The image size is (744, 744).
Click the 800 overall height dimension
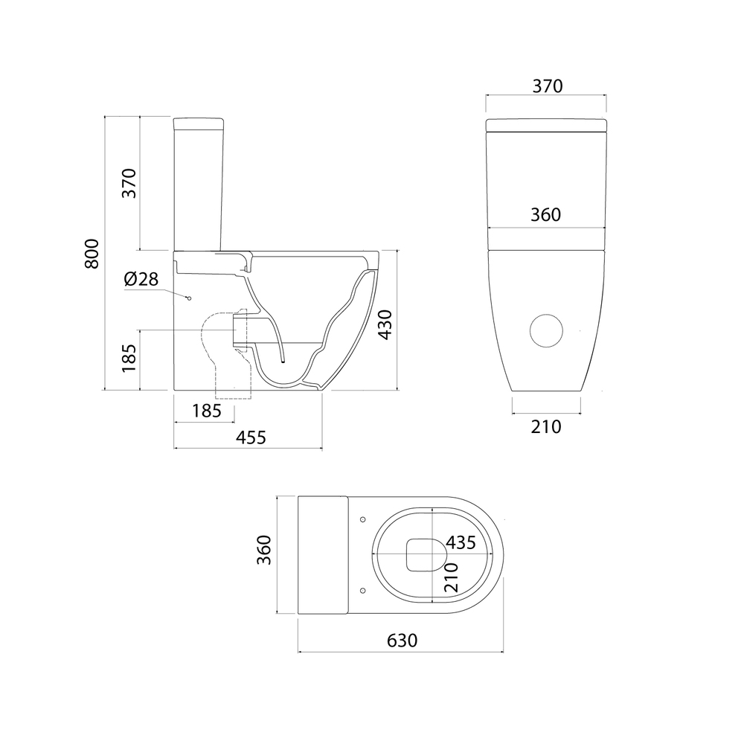pos(92,254)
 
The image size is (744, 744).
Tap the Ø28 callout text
pos(141,279)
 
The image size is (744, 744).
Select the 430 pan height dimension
pos(385,324)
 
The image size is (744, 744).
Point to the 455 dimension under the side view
pos(251,437)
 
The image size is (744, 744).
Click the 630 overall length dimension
pos(402,641)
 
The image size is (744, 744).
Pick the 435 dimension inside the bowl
pos(461,542)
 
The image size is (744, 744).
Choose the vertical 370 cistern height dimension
pos(129,183)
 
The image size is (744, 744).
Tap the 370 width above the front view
pos(548,86)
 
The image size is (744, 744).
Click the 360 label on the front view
pos(545,215)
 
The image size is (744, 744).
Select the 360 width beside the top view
pos(264,550)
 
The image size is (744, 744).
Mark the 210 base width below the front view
pos(546,427)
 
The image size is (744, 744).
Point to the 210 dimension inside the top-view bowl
pos(451,577)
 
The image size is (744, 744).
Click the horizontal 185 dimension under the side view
pos(207,411)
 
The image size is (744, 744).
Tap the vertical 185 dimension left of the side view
pos(129,359)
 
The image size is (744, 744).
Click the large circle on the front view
pos(546,331)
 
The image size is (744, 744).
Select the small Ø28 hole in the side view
pos(189,298)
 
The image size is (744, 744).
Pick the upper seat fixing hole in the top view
pos(363,519)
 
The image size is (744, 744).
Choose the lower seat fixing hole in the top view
pos(363,590)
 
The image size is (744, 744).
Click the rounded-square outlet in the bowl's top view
pos(426,555)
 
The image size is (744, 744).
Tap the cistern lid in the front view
pos(546,125)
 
